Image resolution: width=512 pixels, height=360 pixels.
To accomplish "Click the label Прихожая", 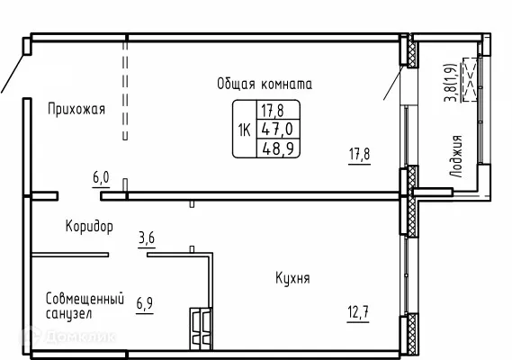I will point(76,110).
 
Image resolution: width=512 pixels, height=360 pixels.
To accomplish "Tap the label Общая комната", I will point(264,84).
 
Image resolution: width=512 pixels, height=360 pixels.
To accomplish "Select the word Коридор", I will point(89,226).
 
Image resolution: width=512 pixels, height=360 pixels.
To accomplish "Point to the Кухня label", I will point(292,278).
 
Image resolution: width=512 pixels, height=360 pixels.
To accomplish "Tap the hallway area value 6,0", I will point(101,178).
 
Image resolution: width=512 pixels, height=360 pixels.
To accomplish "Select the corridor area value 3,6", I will point(147,238).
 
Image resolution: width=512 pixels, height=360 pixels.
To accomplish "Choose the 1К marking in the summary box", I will point(244,129).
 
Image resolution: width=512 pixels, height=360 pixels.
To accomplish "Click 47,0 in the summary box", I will point(270,129).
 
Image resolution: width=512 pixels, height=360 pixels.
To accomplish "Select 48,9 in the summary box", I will point(270,147).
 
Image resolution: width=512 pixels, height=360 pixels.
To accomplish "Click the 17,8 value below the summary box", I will point(359,153).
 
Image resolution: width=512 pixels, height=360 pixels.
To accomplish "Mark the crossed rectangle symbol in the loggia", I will point(472,80).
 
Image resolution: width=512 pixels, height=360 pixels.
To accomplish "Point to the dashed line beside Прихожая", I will point(125,90).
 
